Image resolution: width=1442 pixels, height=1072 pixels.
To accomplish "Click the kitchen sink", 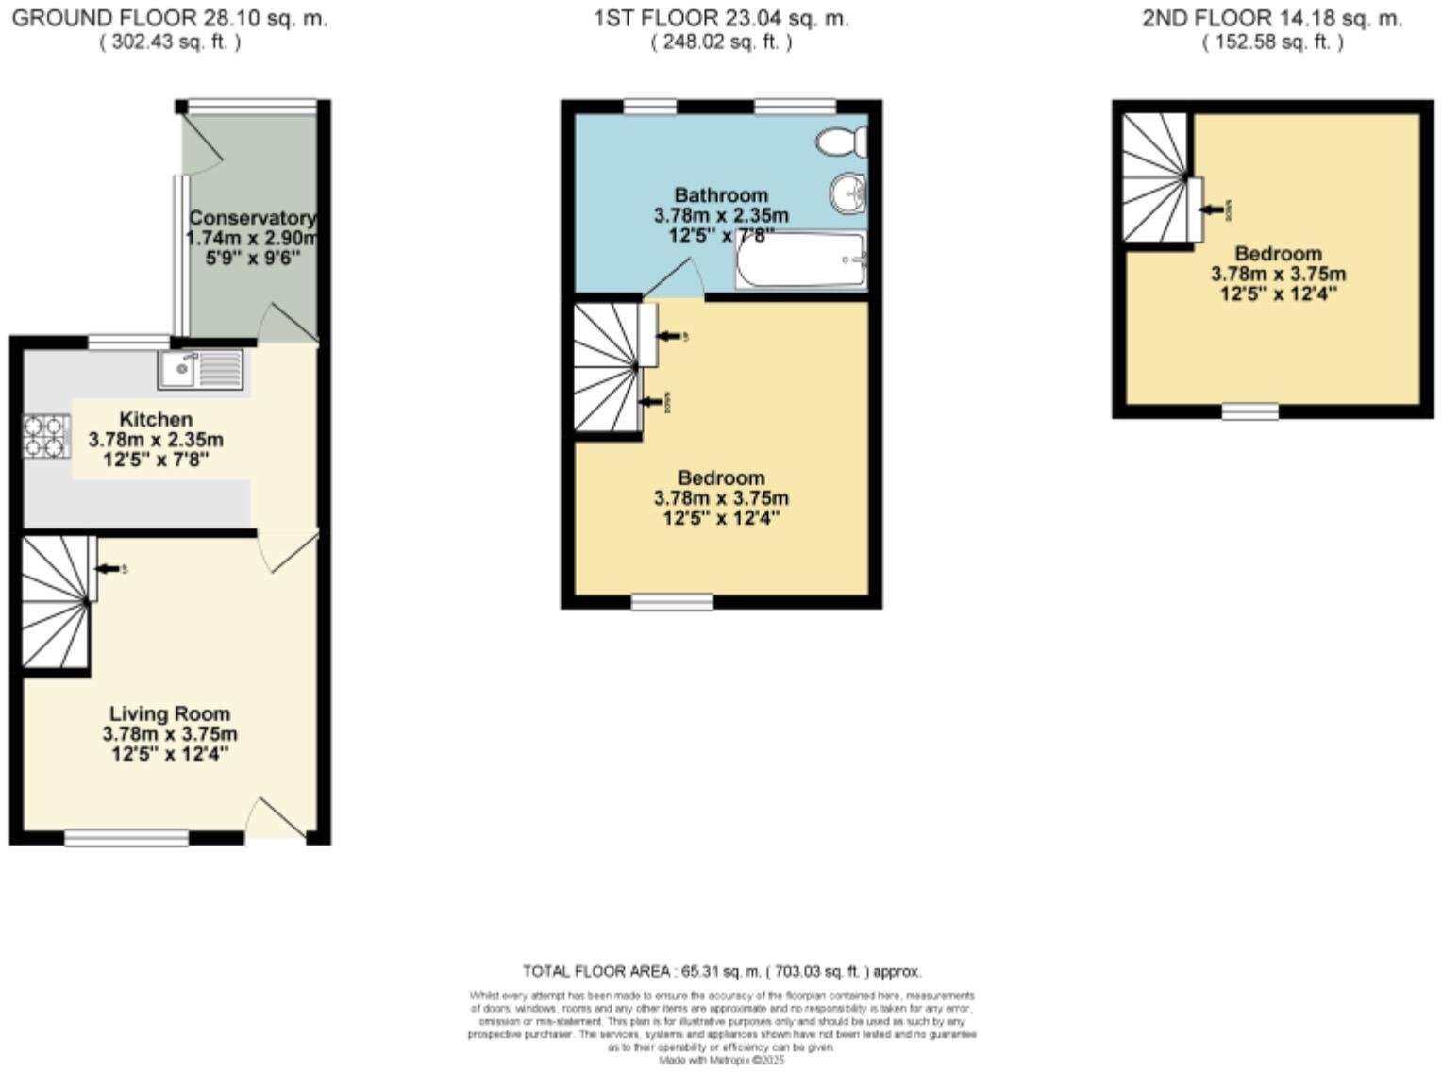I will pyautogui.click(x=200, y=369).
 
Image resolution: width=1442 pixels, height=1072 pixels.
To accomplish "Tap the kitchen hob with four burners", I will pyautogui.click(x=46, y=436).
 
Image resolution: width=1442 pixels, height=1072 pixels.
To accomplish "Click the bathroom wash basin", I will pyautogui.click(x=848, y=195).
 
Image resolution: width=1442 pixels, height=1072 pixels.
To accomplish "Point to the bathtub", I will pyautogui.click(x=801, y=260).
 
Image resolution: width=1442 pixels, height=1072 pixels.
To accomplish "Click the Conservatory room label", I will pyautogui.click(x=251, y=218).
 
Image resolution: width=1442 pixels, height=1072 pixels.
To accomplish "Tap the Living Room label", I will pyautogui.click(x=170, y=713).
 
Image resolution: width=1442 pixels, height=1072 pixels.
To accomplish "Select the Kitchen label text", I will pyautogui.click(x=156, y=419).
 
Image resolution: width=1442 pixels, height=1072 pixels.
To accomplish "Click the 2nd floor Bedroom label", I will pyautogui.click(x=1278, y=253).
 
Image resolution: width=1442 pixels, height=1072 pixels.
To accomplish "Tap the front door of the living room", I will pyautogui.click(x=277, y=818).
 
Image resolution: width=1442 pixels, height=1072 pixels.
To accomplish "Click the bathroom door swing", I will pyautogui.click(x=675, y=281).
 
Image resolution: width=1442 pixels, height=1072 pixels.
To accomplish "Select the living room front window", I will pyautogui.click(x=126, y=837).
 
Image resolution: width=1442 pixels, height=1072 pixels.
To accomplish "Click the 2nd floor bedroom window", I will pyautogui.click(x=1250, y=411).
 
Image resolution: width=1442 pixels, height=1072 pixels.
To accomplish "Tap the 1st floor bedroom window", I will pyautogui.click(x=672, y=602).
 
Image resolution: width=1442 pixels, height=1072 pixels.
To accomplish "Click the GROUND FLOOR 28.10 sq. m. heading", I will pyautogui.click(x=170, y=18).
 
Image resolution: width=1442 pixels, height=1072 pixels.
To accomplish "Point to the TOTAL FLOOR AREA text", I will pyautogui.click(x=722, y=971).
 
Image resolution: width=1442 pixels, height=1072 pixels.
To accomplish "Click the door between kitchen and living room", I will pyautogui.click(x=288, y=550).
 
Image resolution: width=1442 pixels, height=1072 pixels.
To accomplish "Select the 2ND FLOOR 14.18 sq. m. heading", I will pyautogui.click(x=1272, y=18).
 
